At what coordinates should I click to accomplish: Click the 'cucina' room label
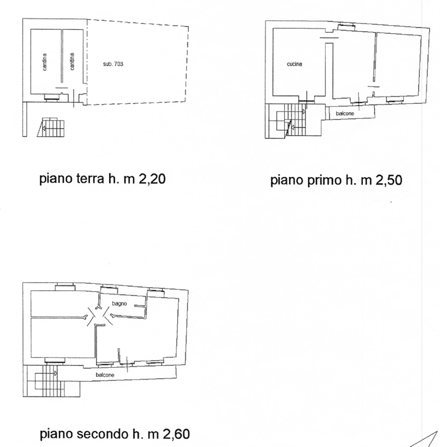click(294, 64)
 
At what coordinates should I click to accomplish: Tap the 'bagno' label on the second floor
click(119, 303)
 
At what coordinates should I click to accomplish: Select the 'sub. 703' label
click(113, 64)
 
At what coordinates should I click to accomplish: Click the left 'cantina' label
click(44, 62)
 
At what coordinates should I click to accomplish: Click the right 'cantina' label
click(72, 61)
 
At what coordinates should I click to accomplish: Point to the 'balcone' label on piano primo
click(345, 113)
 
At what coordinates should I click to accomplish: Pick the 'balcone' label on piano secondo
click(105, 375)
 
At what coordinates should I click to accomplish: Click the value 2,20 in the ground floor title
click(152, 179)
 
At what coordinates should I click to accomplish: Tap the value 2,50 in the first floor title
click(389, 180)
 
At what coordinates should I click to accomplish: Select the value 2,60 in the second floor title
click(177, 434)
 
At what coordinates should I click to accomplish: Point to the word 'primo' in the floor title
click(325, 180)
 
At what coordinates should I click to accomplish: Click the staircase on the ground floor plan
click(51, 127)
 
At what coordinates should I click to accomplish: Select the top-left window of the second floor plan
click(64, 287)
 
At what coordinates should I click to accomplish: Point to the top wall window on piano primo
click(346, 27)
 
